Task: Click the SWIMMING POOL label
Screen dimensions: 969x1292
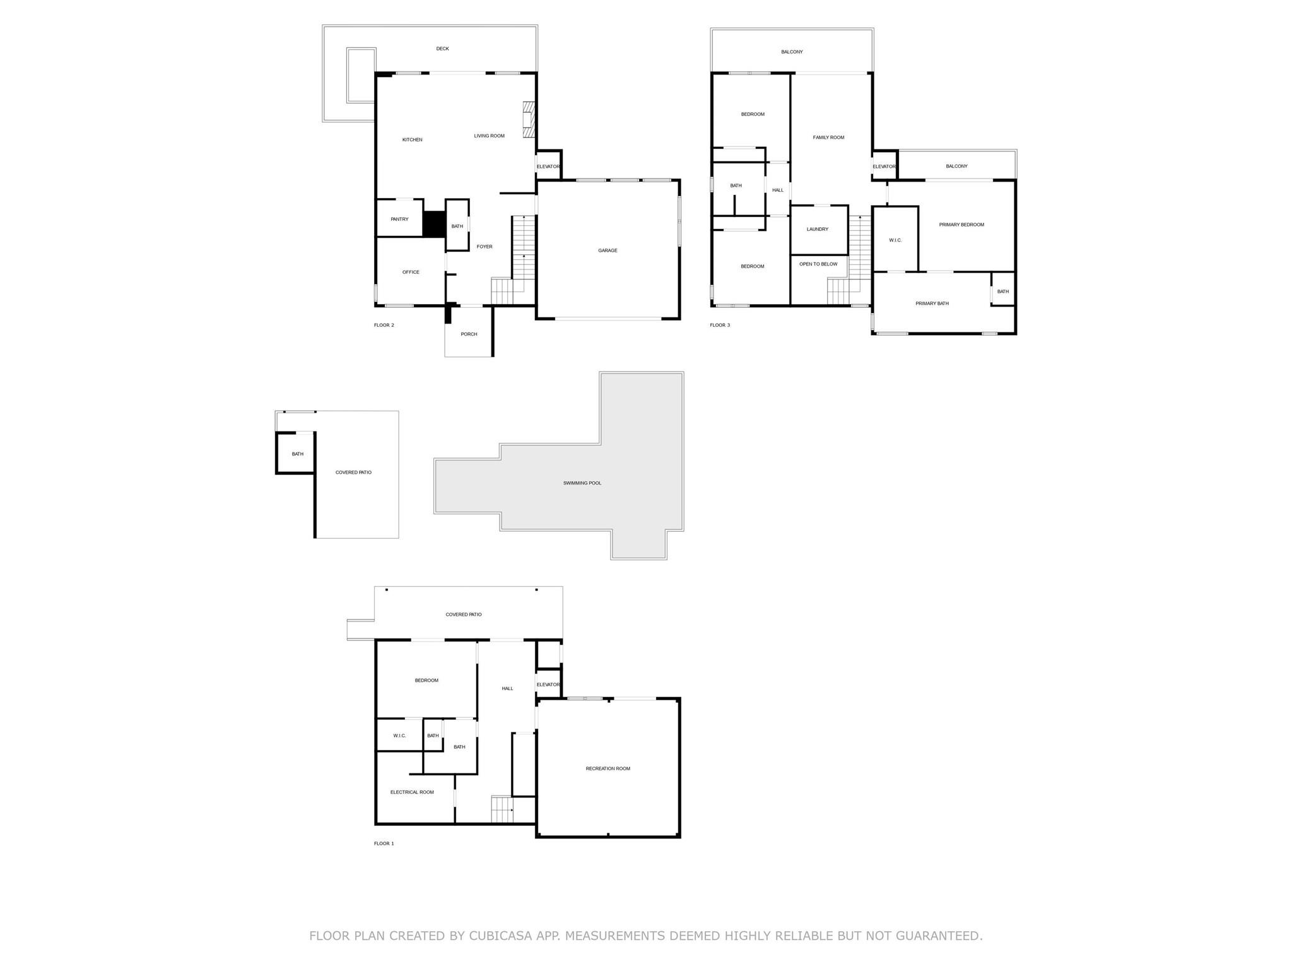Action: (x=582, y=483)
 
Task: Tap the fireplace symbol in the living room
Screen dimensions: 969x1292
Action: (x=529, y=119)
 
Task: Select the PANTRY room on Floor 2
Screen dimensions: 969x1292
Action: (x=399, y=220)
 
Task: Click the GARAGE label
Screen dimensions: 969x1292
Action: (x=608, y=250)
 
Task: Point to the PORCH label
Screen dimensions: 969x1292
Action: (x=469, y=334)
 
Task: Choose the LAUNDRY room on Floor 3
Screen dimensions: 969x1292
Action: (x=818, y=230)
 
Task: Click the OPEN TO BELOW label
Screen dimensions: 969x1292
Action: (x=818, y=264)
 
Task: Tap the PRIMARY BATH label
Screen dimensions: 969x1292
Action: (x=932, y=304)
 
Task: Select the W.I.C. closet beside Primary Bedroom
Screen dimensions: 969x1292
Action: (x=895, y=240)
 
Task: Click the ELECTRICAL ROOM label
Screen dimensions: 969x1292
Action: (x=412, y=792)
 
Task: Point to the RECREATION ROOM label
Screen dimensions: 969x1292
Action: (x=608, y=769)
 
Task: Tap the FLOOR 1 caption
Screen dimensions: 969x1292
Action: (x=384, y=844)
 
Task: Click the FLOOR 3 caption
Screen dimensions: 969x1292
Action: (x=720, y=326)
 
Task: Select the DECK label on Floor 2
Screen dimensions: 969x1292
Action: (x=442, y=49)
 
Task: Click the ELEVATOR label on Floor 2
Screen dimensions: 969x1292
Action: (x=548, y=167)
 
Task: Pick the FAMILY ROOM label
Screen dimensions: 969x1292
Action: (x=828, y=138)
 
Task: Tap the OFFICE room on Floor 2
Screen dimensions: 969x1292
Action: (x=411, y=273)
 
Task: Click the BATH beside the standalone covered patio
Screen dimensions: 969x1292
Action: (x=297, y=454)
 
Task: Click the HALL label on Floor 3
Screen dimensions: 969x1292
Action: (x=777, y=191)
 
